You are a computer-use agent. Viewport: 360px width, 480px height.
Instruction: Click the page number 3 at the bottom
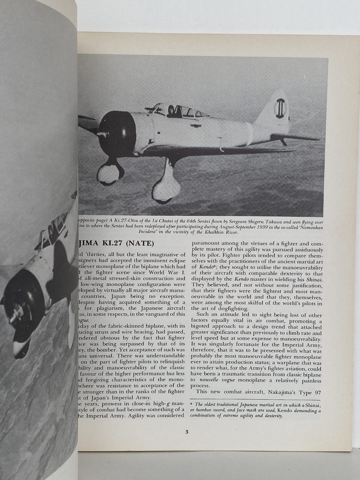186,432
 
